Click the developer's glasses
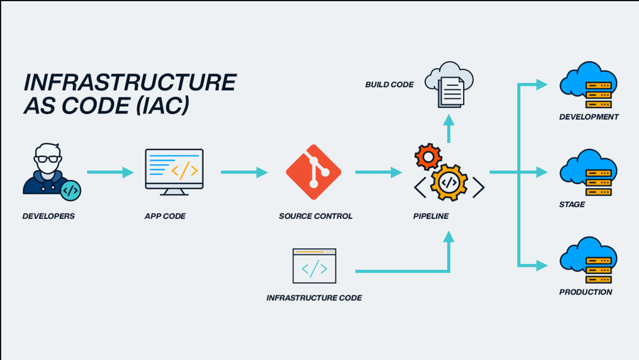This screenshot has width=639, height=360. [47, 158]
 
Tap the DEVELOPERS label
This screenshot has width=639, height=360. [49, 216]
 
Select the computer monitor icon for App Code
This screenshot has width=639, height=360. [174, 171]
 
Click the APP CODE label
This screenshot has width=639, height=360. [165, 216]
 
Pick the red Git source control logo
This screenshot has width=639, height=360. [313, 172]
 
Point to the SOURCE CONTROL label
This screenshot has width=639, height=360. [315, 216]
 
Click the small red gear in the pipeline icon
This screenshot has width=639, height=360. [428, 156]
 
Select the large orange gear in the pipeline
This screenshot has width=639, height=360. [449, 182]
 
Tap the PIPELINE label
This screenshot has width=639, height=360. [431, 216]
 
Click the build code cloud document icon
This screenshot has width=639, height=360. [450, 86]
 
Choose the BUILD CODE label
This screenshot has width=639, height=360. [389, 85]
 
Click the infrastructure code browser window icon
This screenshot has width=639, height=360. [314, 266]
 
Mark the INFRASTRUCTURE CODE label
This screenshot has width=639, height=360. [314, 298]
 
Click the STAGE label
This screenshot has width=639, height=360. [572, 204]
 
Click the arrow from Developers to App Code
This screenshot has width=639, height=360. [110, 172]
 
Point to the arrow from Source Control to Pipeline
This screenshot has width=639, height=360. [378, 172]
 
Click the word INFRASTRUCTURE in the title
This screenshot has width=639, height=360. [129, 82]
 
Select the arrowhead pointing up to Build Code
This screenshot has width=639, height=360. [449, 121]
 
